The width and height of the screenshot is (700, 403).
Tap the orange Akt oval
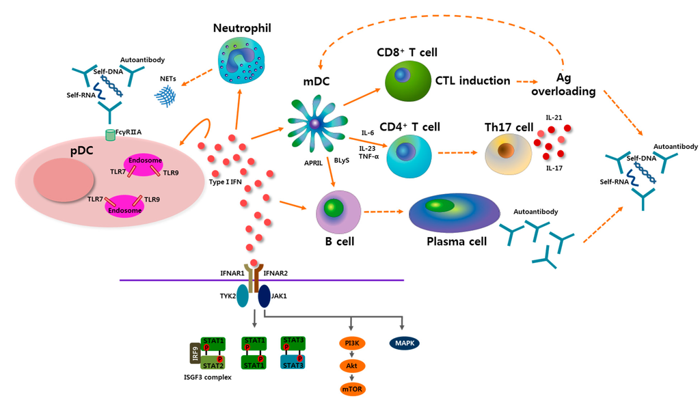[353, 366]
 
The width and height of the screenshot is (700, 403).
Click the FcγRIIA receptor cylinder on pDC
[109, 136]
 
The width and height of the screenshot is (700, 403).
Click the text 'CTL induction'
[472, 81]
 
